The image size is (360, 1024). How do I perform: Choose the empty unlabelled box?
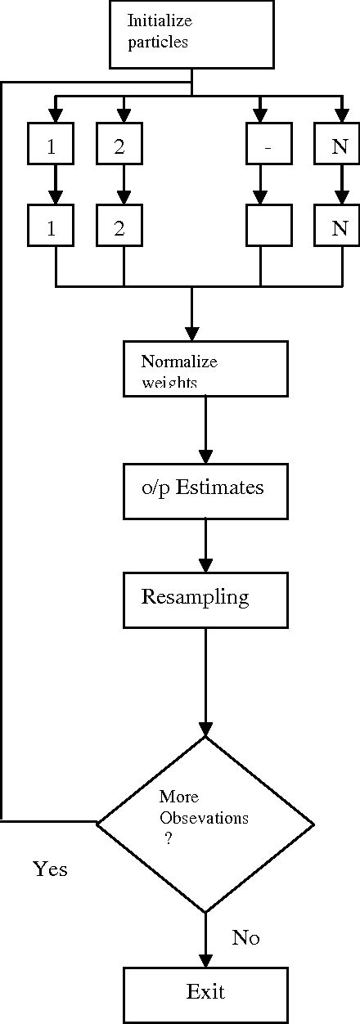[260, 204]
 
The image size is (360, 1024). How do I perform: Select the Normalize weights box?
[205, 369]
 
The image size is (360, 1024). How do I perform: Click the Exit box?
[205, 994]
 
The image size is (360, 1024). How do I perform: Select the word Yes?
[50, 869]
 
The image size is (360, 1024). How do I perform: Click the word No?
[245, 938]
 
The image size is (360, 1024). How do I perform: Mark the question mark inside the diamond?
[168, 838]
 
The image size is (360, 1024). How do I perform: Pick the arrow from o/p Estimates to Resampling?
[205, 546]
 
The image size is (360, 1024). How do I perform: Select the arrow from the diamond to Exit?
[205, 941]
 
